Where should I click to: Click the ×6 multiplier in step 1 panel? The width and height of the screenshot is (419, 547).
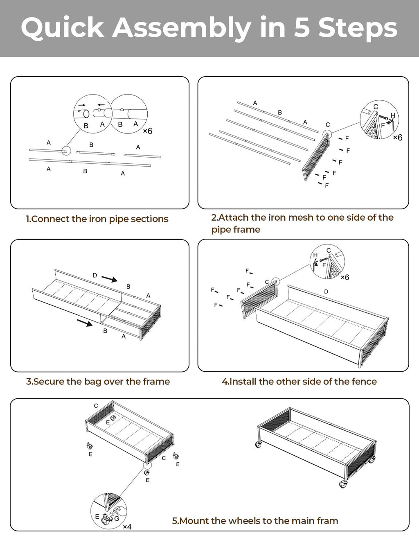point(147,131)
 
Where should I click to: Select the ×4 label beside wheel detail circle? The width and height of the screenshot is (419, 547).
point(127,527)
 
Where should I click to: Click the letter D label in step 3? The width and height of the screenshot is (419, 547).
point(95,276)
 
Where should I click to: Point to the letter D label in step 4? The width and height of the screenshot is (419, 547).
point(326,292)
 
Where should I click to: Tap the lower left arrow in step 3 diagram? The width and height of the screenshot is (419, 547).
point(85,323)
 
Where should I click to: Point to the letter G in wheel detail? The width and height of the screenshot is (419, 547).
point(117,518)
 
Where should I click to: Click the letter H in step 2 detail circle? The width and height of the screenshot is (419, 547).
point(393,115)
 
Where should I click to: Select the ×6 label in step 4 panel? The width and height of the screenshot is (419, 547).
point(345,278)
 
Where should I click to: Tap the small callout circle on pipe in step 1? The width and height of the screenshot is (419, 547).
point(66,151)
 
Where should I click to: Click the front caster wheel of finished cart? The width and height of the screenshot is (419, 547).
point(343,484)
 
